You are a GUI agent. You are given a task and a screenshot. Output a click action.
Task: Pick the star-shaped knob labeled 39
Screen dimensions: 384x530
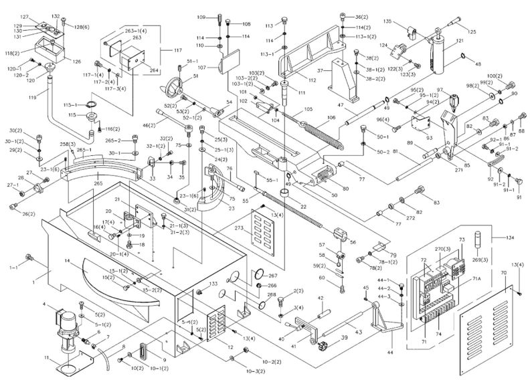click(x=327, y=347)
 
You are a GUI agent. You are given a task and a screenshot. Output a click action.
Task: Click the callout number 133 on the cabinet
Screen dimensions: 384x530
click(x=213, y=284)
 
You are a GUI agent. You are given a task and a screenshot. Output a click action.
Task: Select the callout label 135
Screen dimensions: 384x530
click(x=387, y=21)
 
